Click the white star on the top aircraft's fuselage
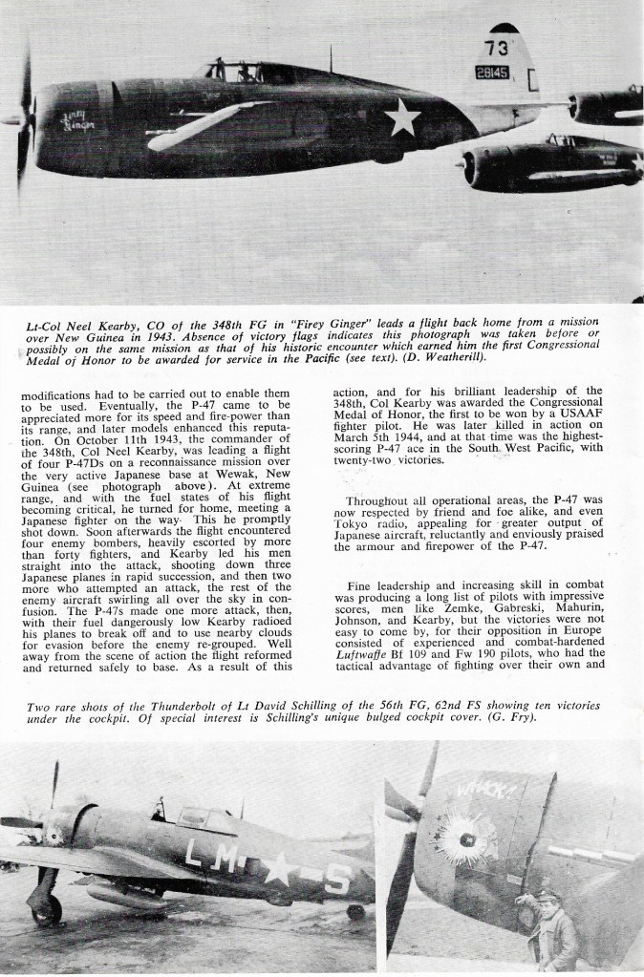coord(402,117)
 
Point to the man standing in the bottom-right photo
coord(554,931)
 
